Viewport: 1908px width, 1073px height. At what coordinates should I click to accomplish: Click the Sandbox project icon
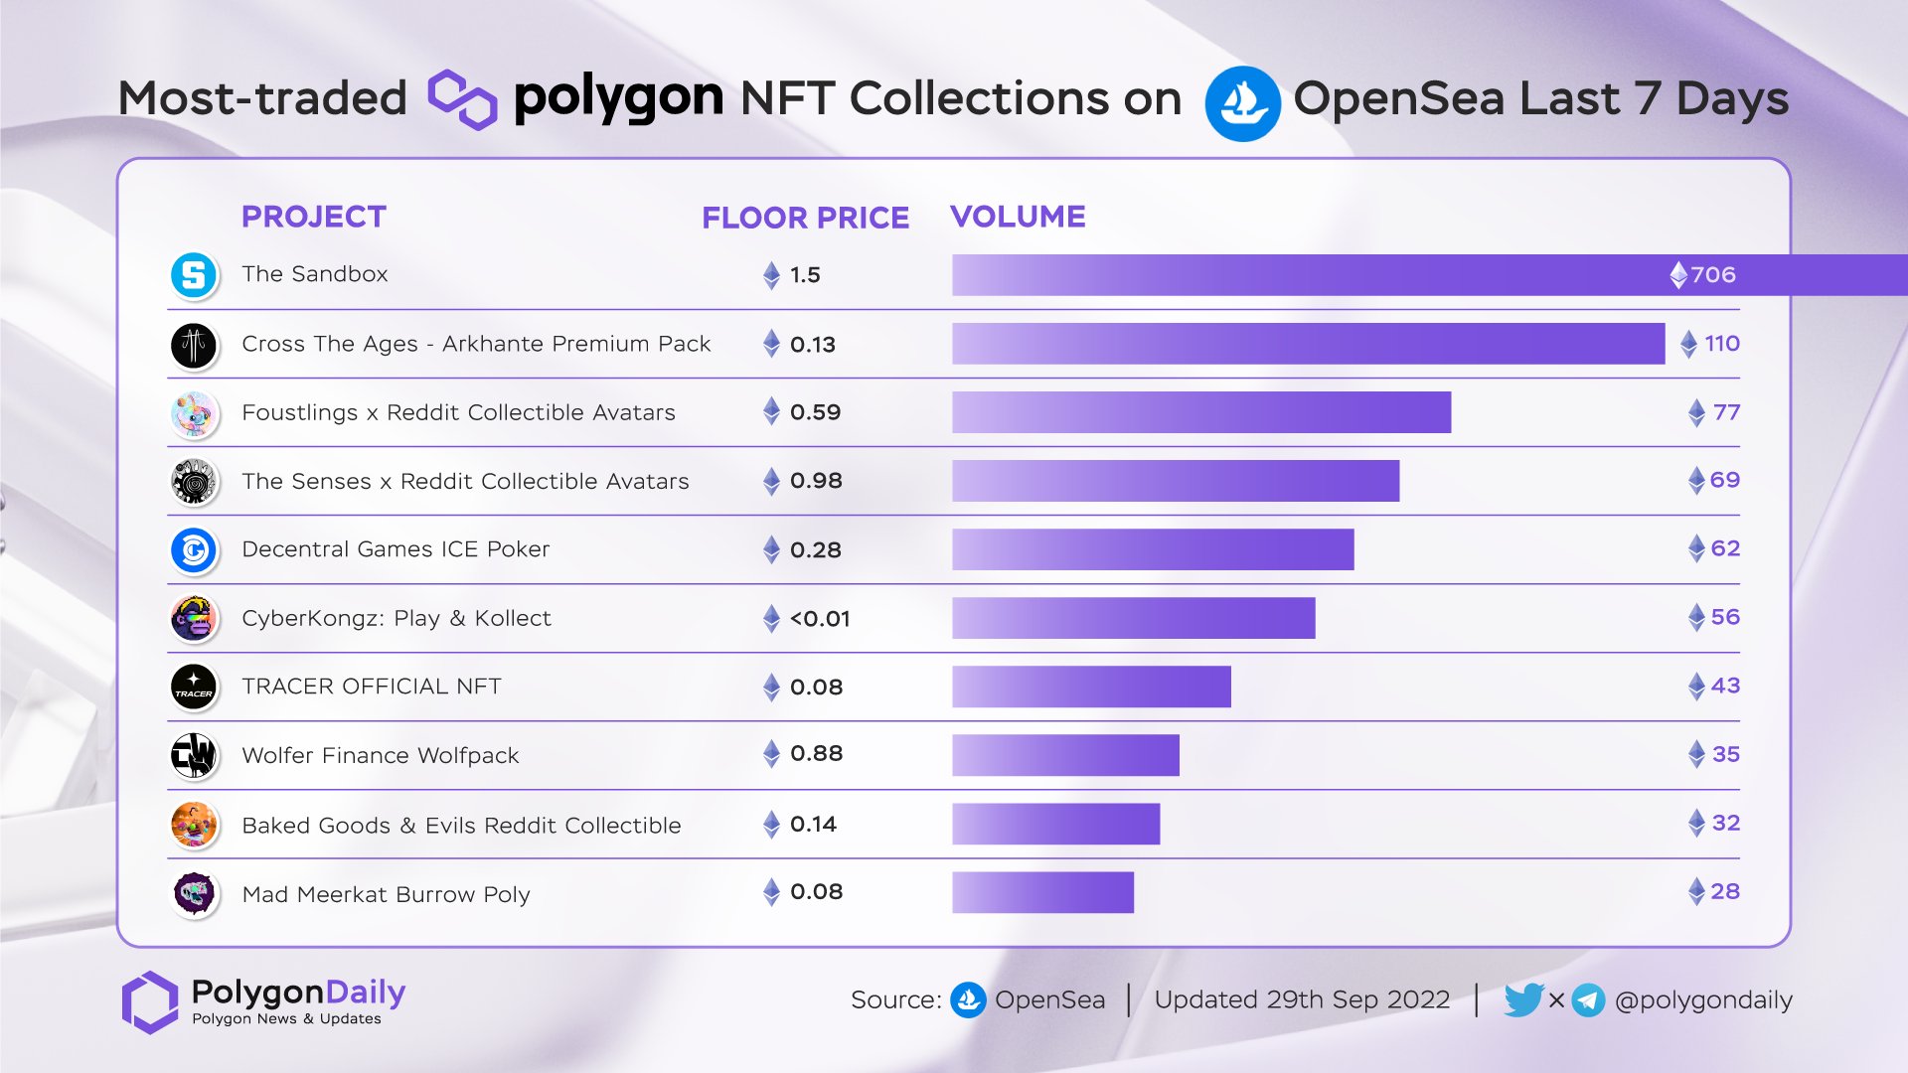194,275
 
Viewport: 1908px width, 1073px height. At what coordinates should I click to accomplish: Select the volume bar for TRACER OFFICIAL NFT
1091,687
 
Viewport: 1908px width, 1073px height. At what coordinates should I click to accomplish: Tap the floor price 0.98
815,481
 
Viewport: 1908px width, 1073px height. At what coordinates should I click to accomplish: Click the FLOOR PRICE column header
805,218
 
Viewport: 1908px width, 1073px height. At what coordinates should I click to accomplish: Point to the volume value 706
1712,275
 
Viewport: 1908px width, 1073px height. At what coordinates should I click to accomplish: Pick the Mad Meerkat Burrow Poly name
386,894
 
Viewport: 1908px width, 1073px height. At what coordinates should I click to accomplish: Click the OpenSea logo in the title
1241,103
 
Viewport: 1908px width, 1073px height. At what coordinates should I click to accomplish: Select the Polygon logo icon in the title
462,99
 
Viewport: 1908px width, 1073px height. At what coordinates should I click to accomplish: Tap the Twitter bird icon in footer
1522,999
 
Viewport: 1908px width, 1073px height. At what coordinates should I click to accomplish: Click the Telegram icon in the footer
1587,999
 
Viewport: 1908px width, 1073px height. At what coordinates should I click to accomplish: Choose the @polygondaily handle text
1703,999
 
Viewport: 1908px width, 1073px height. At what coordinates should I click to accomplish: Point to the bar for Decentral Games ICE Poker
1153,549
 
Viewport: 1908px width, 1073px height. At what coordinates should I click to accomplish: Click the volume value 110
1721,344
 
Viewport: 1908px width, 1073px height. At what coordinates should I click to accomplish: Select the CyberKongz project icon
194,619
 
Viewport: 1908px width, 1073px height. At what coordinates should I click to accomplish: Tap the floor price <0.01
819,619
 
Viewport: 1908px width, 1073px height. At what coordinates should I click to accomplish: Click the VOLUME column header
1018,217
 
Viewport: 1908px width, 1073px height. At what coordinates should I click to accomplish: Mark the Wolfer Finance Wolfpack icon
194,756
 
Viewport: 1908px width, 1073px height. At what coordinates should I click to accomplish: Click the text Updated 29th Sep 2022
1302,999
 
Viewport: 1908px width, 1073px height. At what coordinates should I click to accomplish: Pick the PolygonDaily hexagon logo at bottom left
149,1001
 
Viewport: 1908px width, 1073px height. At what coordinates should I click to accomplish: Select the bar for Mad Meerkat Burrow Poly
1042,892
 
